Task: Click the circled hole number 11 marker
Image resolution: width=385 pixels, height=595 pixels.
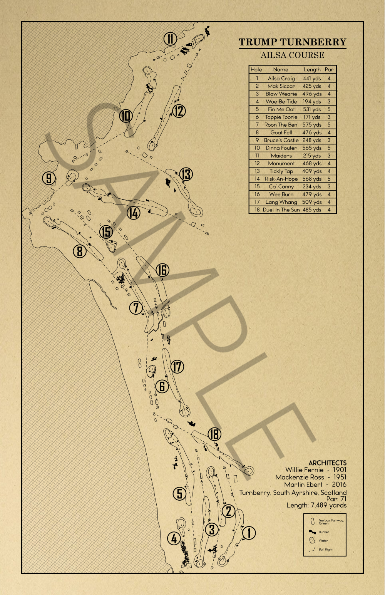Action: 170,39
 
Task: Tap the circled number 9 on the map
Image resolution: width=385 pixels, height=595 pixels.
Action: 49,178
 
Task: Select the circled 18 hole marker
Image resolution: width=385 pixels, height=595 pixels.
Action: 214,434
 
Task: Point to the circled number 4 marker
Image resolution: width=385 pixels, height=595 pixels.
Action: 174,538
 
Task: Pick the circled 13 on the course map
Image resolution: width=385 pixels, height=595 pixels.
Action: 186,174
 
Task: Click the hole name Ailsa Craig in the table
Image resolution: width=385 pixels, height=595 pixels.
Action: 281,78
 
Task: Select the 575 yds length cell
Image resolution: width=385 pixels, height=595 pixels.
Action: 312,125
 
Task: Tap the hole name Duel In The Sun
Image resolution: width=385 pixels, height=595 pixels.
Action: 281,210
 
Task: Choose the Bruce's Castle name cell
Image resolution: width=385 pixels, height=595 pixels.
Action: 281,140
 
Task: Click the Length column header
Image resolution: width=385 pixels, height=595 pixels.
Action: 312,70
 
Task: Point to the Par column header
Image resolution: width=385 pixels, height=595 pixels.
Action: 329,70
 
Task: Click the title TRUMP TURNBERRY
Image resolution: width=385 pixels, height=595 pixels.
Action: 293,42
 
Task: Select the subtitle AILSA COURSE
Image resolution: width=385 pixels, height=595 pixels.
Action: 293,55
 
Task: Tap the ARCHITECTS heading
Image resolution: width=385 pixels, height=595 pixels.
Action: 327,463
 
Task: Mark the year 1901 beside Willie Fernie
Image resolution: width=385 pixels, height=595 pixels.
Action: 340,470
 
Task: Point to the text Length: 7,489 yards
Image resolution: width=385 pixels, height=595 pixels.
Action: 316,505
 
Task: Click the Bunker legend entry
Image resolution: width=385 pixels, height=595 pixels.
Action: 324,532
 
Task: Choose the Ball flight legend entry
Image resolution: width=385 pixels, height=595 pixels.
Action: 325,550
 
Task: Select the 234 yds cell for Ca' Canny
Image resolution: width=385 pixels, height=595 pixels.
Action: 312,187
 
